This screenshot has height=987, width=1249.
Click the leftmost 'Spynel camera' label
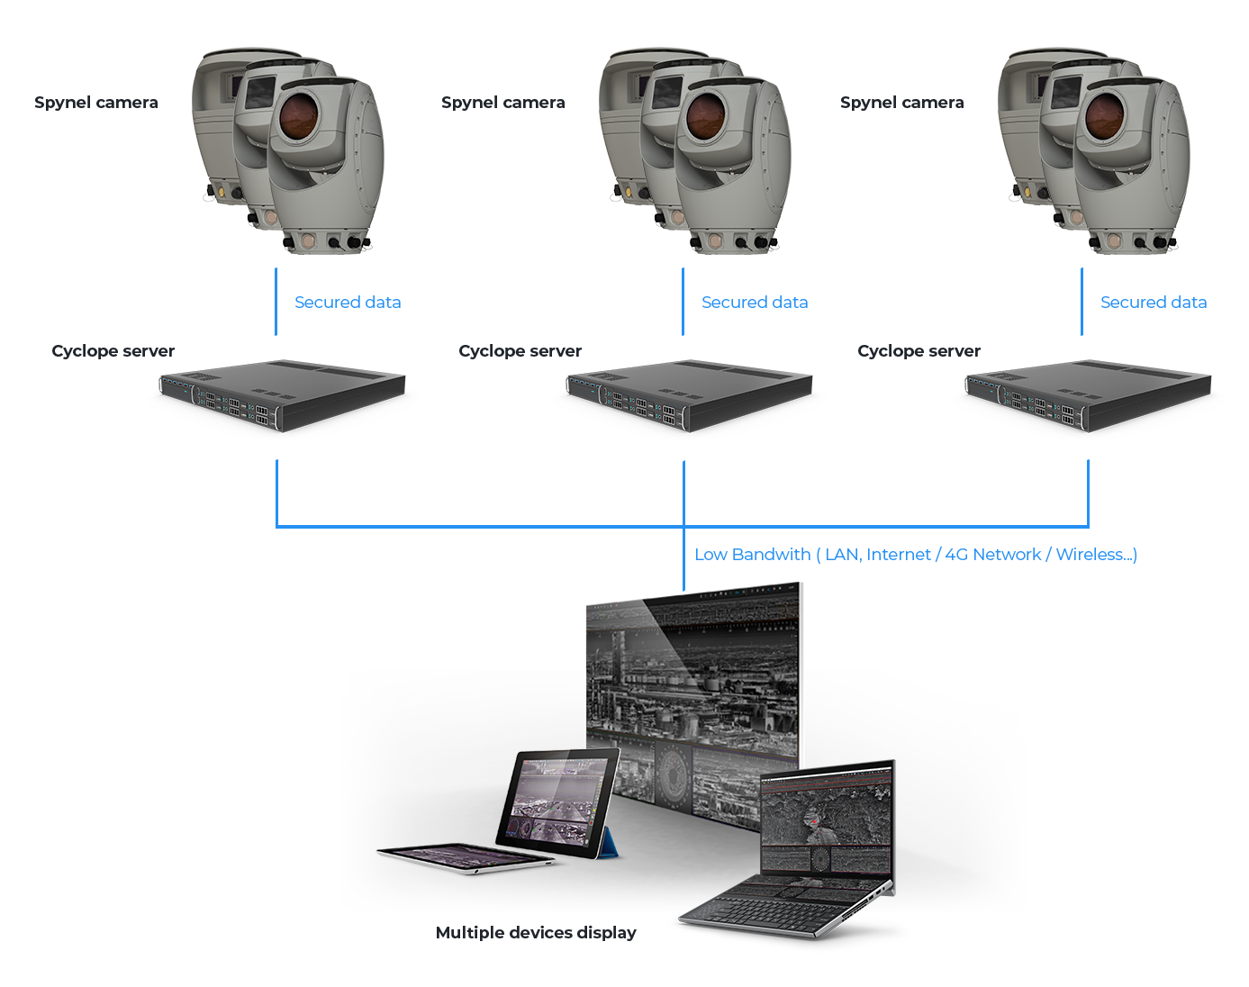pyautogui.click(x=95, y=104)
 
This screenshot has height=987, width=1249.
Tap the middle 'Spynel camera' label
pyautogui.click(x=502, y=104)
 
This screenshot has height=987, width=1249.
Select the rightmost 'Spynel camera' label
pyautogui.click(x=901, y=104)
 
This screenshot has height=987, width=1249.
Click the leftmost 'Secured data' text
pyautogui.click(x=348, y=303)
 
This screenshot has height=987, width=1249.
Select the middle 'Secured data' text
pyautogui.click(x=755, y=303)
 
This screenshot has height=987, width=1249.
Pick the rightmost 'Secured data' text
pyautogui.click(x=1154, y=303)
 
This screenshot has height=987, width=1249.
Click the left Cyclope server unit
pyautogui.click(x=281, y=397)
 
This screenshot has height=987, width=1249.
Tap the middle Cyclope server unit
pyautogui.click(x=688, y=397)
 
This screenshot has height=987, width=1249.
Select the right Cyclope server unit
pyautogui.click(x=1087, y=397)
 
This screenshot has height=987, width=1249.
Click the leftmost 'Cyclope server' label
pyautogui.click(x=113, y=351)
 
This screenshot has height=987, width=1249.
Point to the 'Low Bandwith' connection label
pyautogui.click(x=915, y=555)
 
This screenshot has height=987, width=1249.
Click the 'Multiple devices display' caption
pyautogui.click(x=536, y=933)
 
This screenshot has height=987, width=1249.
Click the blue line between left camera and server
pyautogui.click(x=276, y=302)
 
